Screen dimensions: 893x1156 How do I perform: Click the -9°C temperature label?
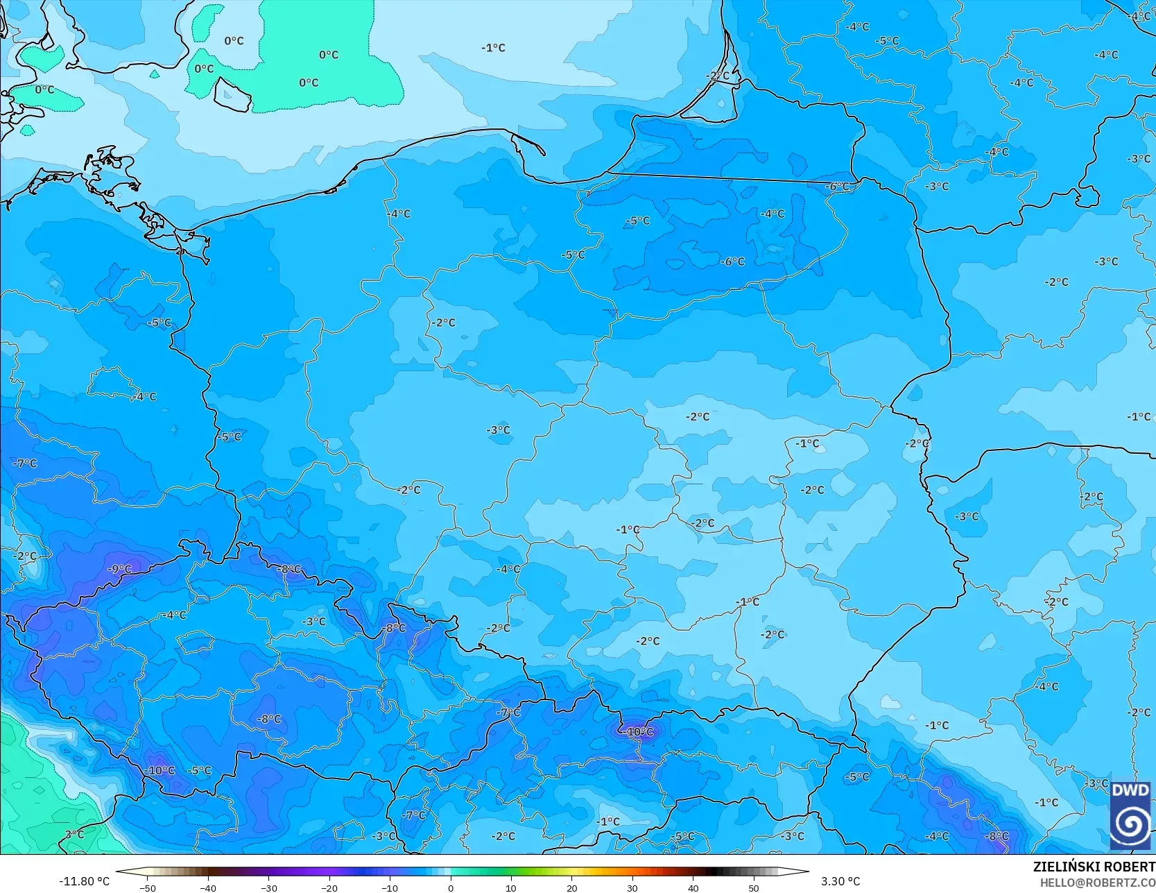(x=119, y=569)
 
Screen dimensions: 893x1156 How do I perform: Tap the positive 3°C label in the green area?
(x=74, y=834)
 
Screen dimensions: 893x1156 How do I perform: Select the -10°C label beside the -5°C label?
(x=160, y=770)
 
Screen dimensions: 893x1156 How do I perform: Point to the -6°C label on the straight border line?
(x=837, y=187)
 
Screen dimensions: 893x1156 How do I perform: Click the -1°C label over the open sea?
(x=493, y=48)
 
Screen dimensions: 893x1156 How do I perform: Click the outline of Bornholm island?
(x=232, y=95)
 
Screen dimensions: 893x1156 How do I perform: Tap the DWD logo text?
(x=1130, y=790)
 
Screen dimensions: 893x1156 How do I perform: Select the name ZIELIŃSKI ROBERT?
(x=1094, y=867)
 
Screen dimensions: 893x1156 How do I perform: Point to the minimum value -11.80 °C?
(x=84, y=881)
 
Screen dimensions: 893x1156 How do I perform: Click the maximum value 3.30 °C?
(x=840, y=881)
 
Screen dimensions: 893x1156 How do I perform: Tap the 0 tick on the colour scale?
(x=450, y=887)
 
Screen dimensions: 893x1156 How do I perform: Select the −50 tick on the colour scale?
(x=147, y=887)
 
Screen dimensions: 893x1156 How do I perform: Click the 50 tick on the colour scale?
(x=753, y=887)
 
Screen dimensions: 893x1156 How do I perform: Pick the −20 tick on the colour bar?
(x=329, y=887)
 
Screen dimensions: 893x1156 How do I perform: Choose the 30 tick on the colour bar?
(x=632, y=887)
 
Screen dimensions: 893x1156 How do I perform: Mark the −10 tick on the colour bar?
(x=389, y=887)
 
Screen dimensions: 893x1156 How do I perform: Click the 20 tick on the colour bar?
(x=571, y=887)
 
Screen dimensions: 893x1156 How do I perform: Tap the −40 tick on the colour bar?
(x=207, y=887)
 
